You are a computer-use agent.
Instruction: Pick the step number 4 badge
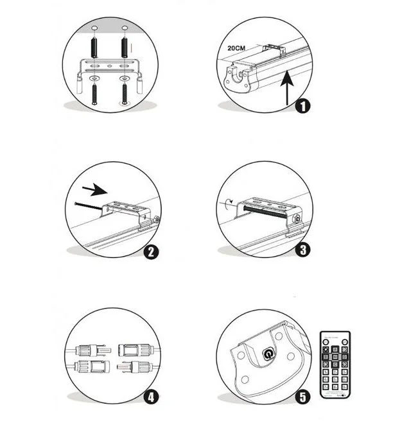(151, 396)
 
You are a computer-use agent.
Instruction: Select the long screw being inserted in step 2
(90, 205)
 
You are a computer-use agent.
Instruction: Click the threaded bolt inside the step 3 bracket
(265, 212)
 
